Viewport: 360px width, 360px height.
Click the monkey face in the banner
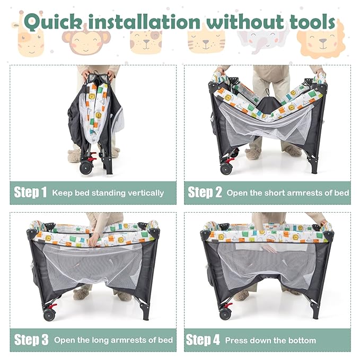pos(86,41)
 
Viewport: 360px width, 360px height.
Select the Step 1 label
pos(30,192)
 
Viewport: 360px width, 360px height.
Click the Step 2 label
pos(205,192)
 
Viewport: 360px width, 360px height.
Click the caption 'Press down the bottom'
pos(270,340)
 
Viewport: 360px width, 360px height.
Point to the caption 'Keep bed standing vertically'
pos(108,193)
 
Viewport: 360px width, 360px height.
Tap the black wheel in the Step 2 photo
pos(226,168)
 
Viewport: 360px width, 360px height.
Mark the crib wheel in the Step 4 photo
pos(226,315)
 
